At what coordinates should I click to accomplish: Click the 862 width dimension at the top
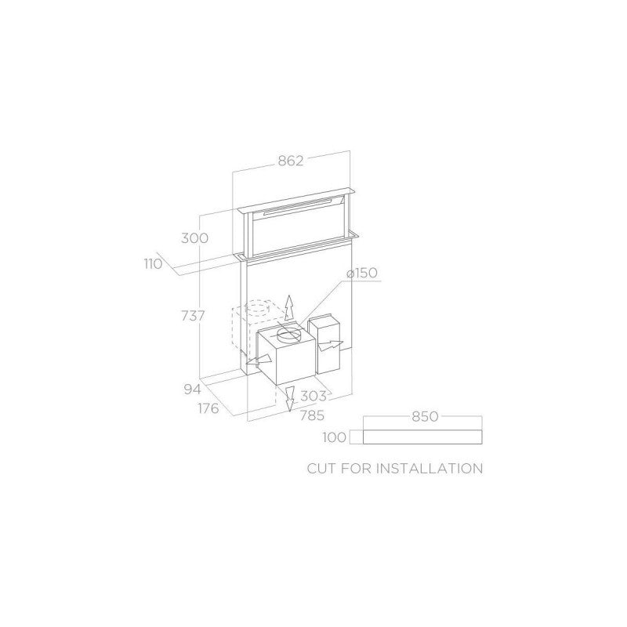(290, 161)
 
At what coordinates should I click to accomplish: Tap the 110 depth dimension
(153, 263)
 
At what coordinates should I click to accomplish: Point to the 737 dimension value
(192, 316)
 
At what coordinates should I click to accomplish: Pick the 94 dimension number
(193, 389)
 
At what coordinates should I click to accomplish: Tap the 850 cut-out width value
(424, 417)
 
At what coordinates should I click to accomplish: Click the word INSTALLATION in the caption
(429, 469)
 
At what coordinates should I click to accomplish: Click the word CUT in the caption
(324, 469)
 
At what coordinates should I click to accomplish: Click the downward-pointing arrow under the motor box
(288, 399)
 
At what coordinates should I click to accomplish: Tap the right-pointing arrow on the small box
(332, 345)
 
